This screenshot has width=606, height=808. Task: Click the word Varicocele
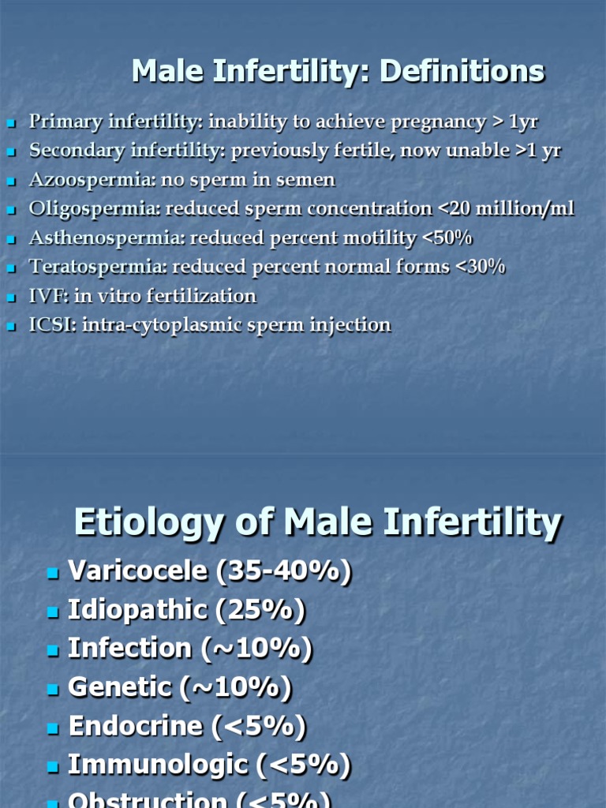[x=137, y=571]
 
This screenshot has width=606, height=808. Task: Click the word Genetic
[x=119, y=687]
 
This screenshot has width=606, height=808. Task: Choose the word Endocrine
[x=137, y=726]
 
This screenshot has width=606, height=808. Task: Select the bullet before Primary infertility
[x=11, y=124]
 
